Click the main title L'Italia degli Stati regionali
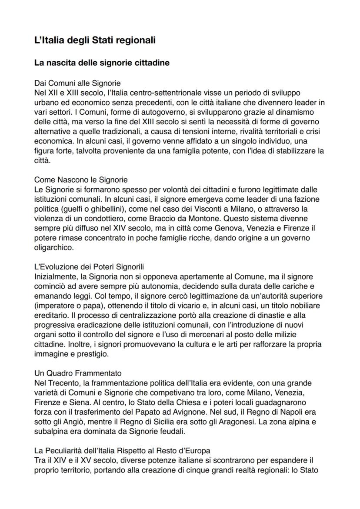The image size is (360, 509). point(95,41)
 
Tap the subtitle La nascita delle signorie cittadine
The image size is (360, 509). point(102,63)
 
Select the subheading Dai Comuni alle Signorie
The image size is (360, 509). point(77,83)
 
